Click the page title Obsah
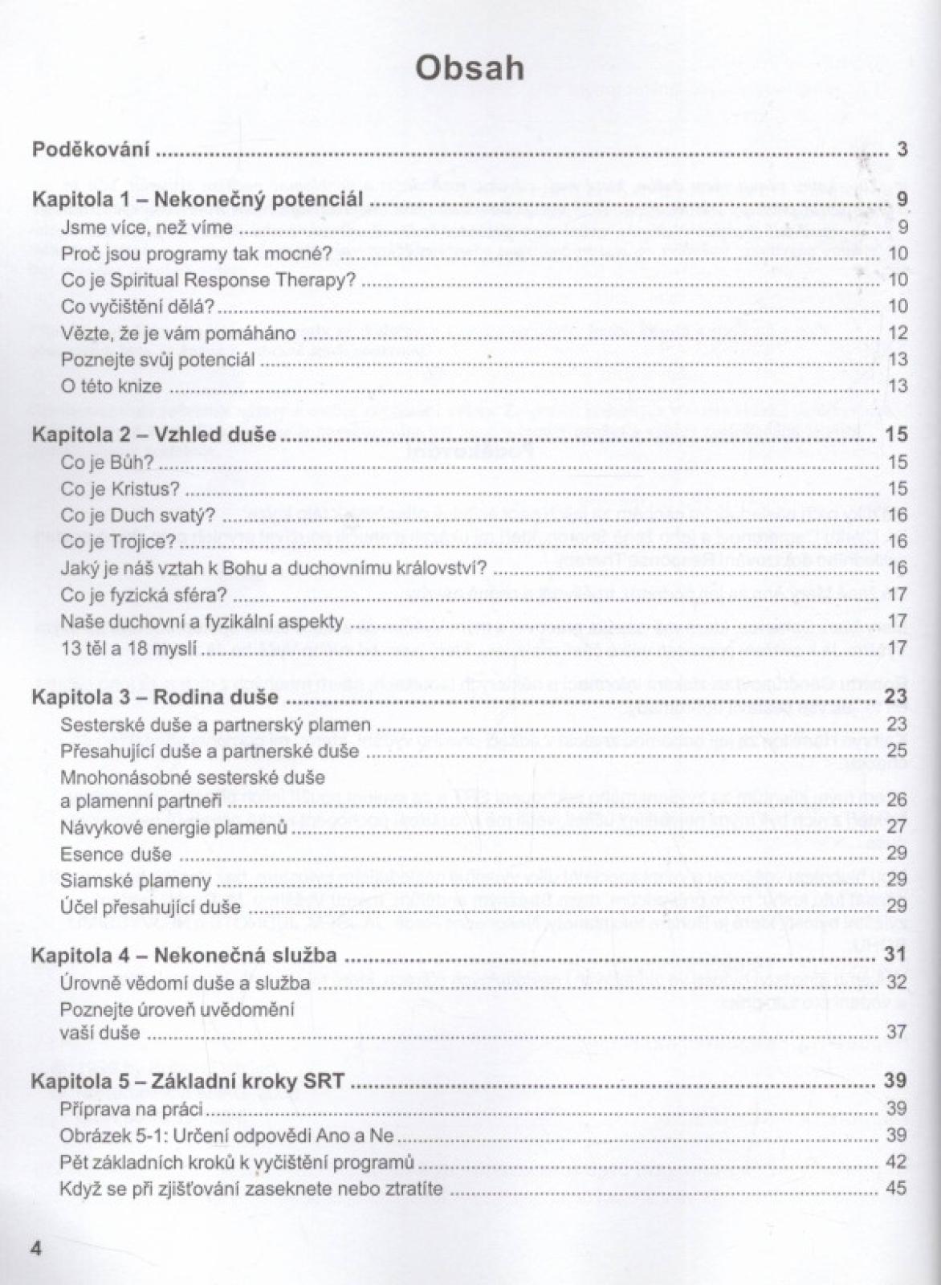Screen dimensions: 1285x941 pyautogui.click(x=470, y=69)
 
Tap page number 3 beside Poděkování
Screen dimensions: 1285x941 pyautogui.click(x=902, y=149)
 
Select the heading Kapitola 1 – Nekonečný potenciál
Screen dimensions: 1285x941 pyautogui.click(x=197, y=199)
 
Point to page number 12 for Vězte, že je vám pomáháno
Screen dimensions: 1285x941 pyautogui.click(x=898, y=332)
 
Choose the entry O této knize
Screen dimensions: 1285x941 pyautogui.click(x=111, y=386)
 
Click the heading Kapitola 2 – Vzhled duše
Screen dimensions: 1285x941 pyautogui.click(x=153, y=434)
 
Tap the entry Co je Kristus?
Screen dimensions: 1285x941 pyautogui.click(x=120, y=488)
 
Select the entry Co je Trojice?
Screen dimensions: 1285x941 pyautogui.click(x=118, y=541)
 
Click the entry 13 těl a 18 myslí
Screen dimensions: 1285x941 pyautogui.click(x=128, y=647)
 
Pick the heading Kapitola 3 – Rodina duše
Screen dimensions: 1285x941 pyautogui.click(x=155, y=696)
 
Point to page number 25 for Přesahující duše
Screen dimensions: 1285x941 pyautogui.click(x=897, y=751)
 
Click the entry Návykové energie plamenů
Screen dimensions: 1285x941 pyautogui.click(x=173, y=827)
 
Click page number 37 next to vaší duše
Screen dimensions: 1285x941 pyautogui.click(x=897, y=1032)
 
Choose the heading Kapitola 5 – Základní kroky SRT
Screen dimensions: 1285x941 pyautogui.click(x=188, y=1081)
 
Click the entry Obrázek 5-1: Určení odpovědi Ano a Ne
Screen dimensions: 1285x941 pyautogui.click(x=226, y=1136)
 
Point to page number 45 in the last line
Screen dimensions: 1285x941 pyautogui.click(x=897, y=1188)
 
